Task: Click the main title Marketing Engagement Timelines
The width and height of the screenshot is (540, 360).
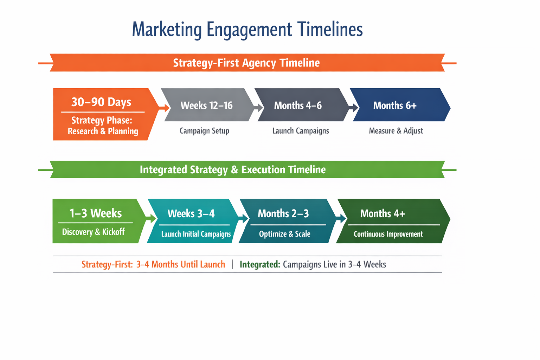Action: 247,29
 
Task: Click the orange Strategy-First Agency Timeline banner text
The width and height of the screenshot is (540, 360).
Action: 246,63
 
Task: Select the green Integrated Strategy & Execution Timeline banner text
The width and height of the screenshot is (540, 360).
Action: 232,170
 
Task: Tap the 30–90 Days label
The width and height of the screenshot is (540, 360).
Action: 101,102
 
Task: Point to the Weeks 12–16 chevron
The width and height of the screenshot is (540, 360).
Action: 207,105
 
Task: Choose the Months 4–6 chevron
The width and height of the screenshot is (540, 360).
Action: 298,105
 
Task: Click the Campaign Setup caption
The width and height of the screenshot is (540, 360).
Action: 204,131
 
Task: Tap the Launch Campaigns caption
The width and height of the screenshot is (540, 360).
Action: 301,131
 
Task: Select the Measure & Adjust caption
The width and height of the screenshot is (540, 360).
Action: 396,131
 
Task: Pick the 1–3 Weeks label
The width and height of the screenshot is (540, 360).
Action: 95,213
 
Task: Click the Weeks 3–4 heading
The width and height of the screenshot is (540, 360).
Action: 191,214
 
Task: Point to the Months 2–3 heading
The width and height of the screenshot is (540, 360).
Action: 283,214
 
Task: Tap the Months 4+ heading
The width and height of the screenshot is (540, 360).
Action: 382,214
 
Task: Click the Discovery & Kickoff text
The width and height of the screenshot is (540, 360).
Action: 93,232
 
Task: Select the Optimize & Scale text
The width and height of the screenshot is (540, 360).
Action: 284,234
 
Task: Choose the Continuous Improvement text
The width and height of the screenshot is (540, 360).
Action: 388,234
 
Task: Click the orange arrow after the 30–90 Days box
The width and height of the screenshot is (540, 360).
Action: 164,108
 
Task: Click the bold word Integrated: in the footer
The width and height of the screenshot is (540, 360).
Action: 260,264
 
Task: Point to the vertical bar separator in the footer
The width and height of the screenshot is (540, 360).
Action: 232,264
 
